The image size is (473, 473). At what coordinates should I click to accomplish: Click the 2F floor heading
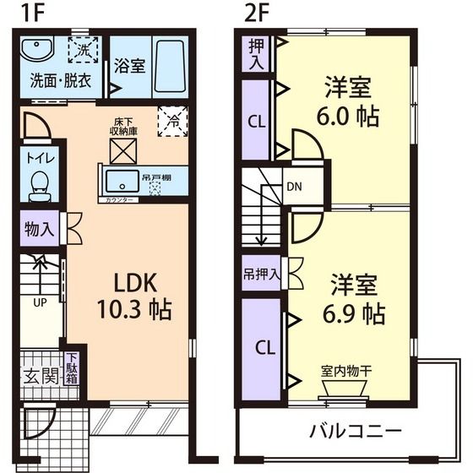coord(255,14)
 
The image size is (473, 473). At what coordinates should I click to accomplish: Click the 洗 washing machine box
coord(83,50)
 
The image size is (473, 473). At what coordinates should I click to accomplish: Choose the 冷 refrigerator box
coord(173,122)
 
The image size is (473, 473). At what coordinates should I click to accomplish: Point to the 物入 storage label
coord(39,227)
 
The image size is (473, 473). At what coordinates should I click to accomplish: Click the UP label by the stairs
coord(40,301)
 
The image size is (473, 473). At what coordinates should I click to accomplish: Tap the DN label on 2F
coord(295,186)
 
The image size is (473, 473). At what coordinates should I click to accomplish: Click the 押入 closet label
coord(256,53)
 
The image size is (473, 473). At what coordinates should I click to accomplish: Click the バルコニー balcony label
coord(354,430)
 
